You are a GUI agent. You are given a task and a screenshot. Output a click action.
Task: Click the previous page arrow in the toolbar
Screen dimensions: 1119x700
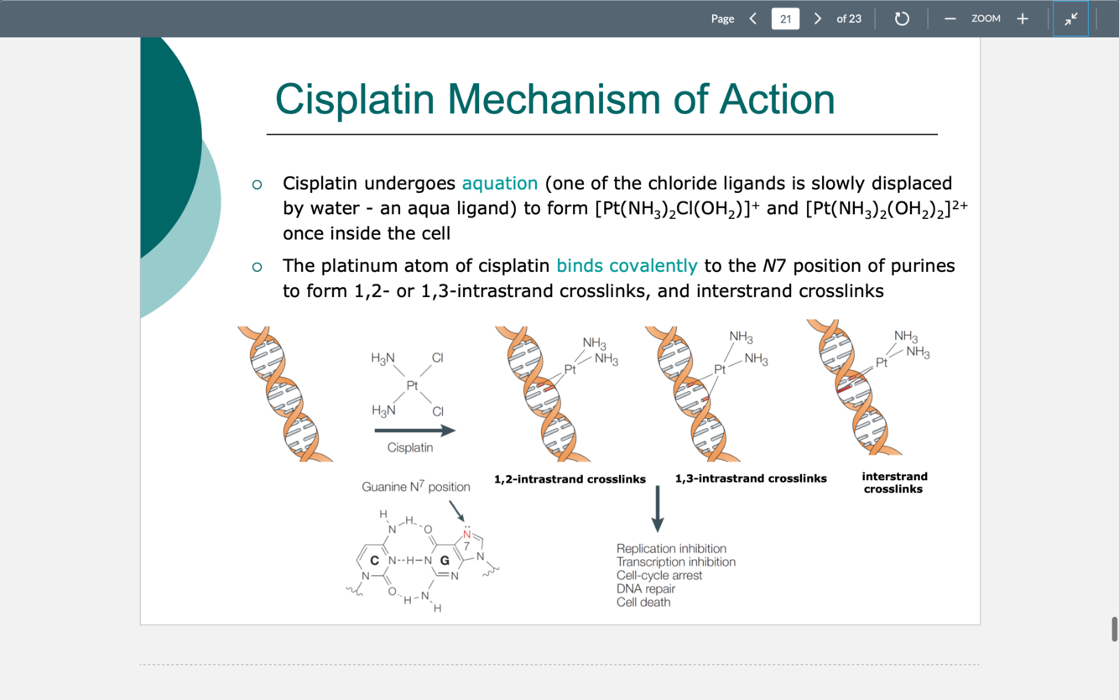click(x=752, y=18)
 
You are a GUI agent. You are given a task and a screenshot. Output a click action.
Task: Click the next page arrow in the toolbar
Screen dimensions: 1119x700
click(x=817, y=18)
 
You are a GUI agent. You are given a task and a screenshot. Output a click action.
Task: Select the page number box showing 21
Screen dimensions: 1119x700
click(x=785, y=18)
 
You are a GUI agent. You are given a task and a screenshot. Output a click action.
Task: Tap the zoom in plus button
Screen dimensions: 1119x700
click(x=1022, y=18)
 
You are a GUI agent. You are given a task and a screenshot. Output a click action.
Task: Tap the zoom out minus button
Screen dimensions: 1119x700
click(x=950, y=18)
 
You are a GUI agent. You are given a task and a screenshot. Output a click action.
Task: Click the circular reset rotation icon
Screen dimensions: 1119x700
click(x=902, y=18)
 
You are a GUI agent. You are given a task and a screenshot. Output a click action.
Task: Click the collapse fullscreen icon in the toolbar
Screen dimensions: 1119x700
click(x=1070, y=18)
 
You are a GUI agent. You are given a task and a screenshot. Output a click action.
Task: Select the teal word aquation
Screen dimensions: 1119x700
click(x=499, y=183)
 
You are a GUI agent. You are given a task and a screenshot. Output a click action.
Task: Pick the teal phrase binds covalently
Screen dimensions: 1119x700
click(x=627, y=266)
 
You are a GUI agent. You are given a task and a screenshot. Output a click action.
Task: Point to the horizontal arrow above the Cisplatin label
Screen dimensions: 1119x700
click(x=414, y=431)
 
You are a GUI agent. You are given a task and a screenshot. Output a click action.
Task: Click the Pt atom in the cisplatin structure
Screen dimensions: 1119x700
click(x=412, y=385)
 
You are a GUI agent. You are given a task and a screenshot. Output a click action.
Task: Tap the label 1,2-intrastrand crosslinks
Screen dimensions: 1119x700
click(x=570, y=479)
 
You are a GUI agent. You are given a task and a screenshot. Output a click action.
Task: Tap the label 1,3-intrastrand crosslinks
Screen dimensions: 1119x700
click(x=751, y=478)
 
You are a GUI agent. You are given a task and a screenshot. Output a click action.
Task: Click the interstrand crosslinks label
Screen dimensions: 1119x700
click(x=894, y=483)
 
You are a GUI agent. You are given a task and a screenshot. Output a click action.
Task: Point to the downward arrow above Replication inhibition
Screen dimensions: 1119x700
click(x=658, y=509)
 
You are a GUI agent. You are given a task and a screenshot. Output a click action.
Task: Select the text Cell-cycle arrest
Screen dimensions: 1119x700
click(x=659, y=575)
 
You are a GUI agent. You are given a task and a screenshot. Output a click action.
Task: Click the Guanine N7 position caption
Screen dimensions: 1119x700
click(x=415, y=487)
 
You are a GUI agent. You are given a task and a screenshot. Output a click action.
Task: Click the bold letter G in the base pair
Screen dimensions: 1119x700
click(x=445, y=560)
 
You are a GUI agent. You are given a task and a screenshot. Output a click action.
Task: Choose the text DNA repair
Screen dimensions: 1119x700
click(x=646, y=588)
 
